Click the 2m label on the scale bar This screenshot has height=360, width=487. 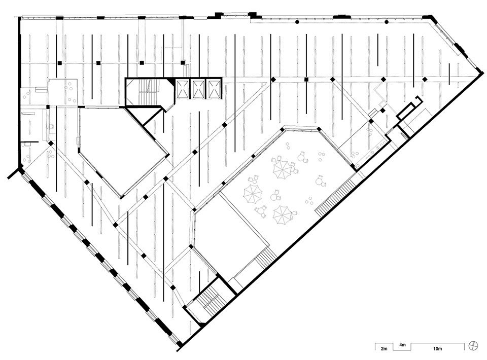(x=384, y=349)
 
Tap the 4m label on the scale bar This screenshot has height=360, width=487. (x=402, y=345)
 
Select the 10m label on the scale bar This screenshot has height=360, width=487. (x=437, y=349)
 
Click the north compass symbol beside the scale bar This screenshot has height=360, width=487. (x=473, y=345)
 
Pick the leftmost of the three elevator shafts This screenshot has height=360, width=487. (x=182, y=89)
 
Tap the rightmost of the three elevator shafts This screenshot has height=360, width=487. (x=213, y=89)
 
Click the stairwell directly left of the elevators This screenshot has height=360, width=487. (x=149, y=92)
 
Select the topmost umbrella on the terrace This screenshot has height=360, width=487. (x=283, y=168)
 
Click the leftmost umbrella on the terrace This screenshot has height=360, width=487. (x=253, y=194)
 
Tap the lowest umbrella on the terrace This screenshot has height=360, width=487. (x=283, y=214)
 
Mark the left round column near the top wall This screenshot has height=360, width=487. (x=297, y=22)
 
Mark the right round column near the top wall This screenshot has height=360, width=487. (x=387, y=22)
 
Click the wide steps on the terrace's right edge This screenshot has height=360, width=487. (x=335, y=198)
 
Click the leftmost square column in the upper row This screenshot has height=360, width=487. (x=59, y=63)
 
